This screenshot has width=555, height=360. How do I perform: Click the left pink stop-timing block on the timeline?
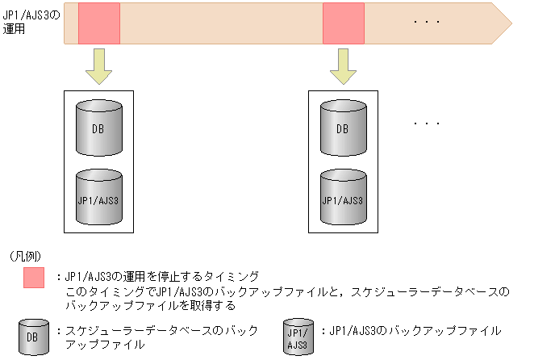98,23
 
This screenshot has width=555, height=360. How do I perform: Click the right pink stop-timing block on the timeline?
344,23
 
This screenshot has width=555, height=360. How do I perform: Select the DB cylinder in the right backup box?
343,128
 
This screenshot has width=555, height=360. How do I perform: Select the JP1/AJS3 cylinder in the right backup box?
343,197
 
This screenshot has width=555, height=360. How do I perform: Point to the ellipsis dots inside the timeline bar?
425,23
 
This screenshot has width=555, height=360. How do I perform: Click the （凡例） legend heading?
30,256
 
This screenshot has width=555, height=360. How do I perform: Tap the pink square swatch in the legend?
35,277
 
